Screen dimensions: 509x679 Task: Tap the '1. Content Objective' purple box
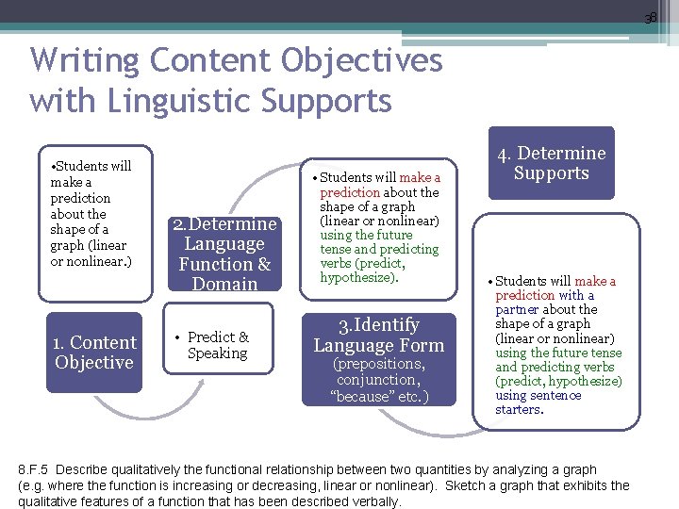[x=94, y=353]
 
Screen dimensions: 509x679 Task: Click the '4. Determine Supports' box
[x=551, y=163]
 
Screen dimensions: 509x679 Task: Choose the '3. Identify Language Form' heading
[x=379, y=335]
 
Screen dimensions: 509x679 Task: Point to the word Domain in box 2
[x=224, y=284]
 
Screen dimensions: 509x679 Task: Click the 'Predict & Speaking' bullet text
[x=217, y=345]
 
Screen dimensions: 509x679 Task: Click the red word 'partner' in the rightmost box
[x=518, y=309]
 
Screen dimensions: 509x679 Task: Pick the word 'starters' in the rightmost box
[x=518, y=410]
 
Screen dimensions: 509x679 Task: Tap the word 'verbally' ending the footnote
[x=373, y=501]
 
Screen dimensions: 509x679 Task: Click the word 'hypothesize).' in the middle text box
[x=359, y=278]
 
